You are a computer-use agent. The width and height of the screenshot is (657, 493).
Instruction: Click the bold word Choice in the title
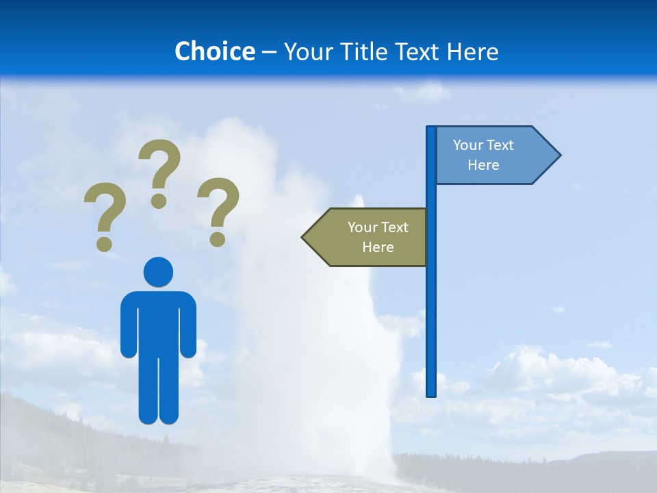(214, 51)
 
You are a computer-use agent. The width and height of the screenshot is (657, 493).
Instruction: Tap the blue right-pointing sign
(493, 155)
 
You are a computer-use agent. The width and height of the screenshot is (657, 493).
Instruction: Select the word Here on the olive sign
(378, 247)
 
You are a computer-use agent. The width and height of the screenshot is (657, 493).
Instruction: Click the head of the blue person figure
(158, 272)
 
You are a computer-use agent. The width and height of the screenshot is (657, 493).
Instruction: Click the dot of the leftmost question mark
(104, 244)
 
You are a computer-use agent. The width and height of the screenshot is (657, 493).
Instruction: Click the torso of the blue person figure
(158, 322)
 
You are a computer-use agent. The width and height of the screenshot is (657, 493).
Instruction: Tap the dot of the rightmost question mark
(218, 239)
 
